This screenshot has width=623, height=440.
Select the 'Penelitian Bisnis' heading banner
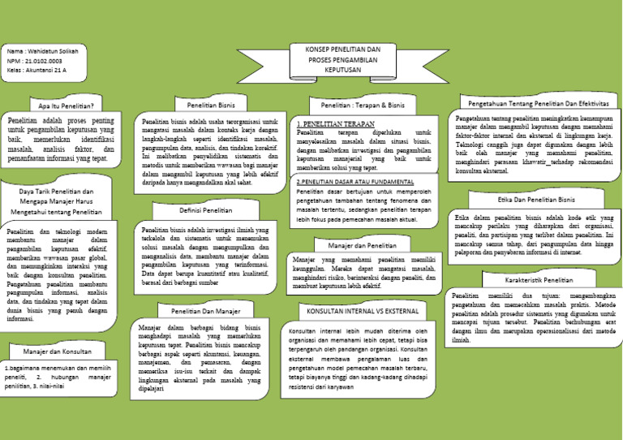pyautogui.click(x=211, y=106)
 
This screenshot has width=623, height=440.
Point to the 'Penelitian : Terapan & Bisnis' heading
pyautogui.click(x=362, y=106)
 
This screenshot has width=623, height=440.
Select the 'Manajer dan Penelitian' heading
pyautogui.click(x=362, y=244)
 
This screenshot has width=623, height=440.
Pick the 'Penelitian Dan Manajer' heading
pyautogui.click(x=205, y=311)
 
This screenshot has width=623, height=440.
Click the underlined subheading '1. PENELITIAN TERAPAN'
pyautogui.click(x=329, y=123)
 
